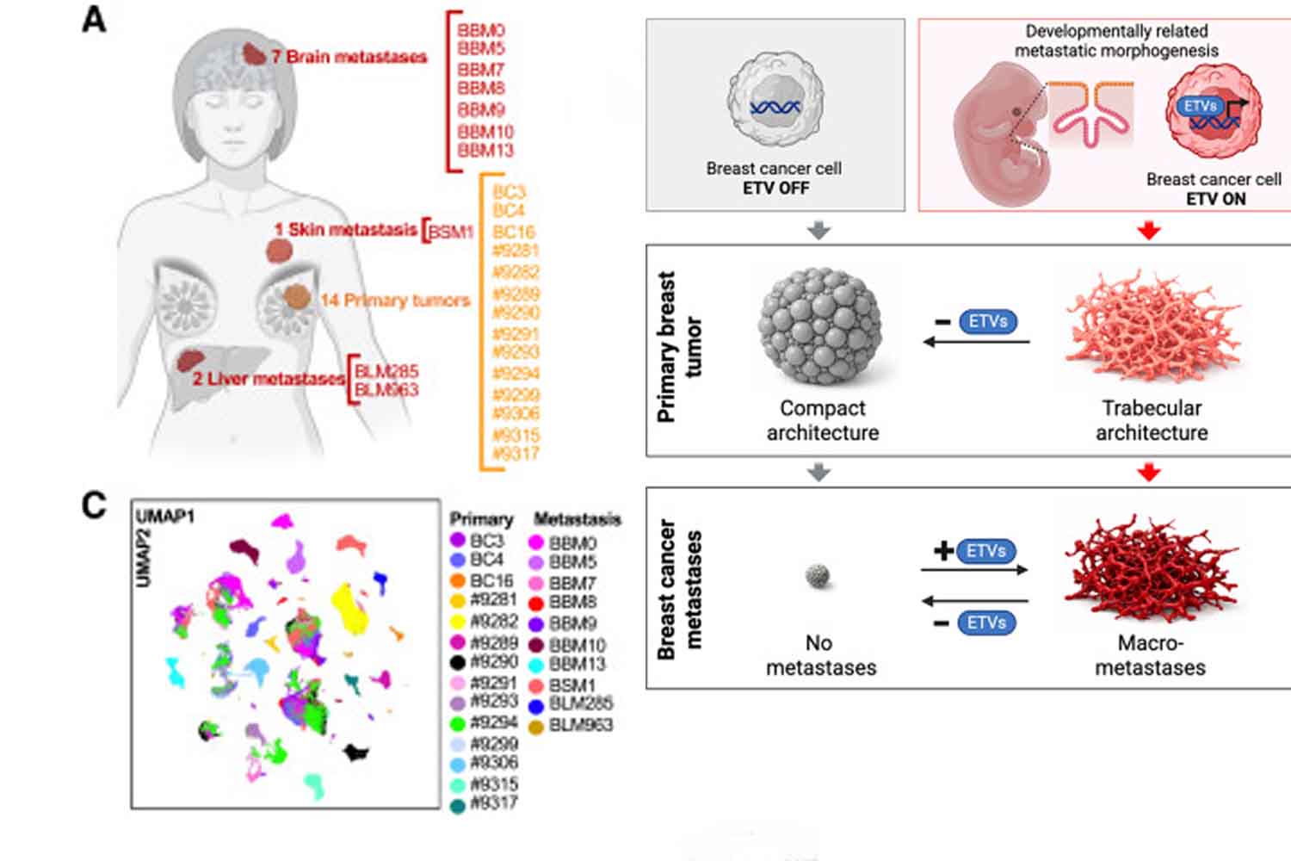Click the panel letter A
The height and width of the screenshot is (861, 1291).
(x=94, y=19)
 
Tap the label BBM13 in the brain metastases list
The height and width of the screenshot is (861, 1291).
(x=485, y=151)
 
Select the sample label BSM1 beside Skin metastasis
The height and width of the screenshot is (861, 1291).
(x=451, y=232)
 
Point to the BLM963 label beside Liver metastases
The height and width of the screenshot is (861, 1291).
(x=386, y=390)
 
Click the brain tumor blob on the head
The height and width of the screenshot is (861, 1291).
(x=253, y=54)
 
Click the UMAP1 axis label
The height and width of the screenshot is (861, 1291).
(x=165, y=516)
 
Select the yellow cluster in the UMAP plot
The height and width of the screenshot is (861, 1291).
(x=350, y=607)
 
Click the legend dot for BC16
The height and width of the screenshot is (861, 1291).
(x=458, y=581)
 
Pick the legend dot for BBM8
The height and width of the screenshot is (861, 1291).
(x=536, y=603)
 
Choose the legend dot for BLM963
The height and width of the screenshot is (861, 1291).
(x=536, y=727)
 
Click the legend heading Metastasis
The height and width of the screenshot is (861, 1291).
(x=577, y=519)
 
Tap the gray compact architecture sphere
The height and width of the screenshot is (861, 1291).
(x=819, y=326)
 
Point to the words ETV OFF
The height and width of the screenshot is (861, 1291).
(x=775, y=188)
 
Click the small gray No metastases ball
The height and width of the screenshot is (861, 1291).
(x=818, y=575)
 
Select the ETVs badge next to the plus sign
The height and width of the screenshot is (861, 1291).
(x=985, y=551)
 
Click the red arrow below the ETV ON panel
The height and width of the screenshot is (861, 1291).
(x=1149, y=230)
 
